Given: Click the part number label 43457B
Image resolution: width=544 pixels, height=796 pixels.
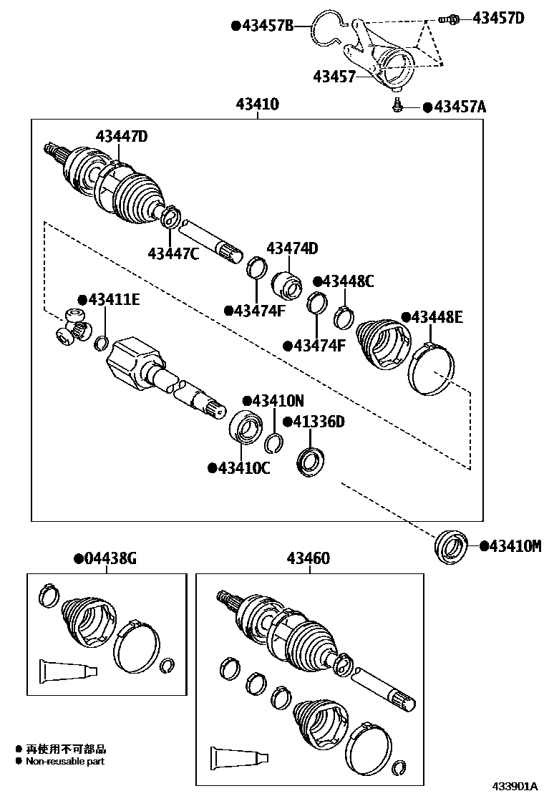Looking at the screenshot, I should point(268,26).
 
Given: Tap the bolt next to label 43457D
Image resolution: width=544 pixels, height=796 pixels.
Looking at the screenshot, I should point(448,19).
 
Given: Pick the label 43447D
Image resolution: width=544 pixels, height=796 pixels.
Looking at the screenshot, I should point(122,136).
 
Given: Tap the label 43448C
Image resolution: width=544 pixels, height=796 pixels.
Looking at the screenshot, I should point(348,281).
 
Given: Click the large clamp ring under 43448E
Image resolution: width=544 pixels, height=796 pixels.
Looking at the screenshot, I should point(431,367).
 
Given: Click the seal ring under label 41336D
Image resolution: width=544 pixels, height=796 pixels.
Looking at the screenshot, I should point(310,460).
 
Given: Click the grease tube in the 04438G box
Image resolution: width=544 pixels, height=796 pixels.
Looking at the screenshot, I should point(68,670).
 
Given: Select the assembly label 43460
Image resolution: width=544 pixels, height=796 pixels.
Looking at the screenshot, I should point(309,558).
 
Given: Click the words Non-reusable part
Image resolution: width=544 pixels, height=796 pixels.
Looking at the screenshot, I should point(65,762).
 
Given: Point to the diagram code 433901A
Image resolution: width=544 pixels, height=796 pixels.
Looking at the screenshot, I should point(514,786).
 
